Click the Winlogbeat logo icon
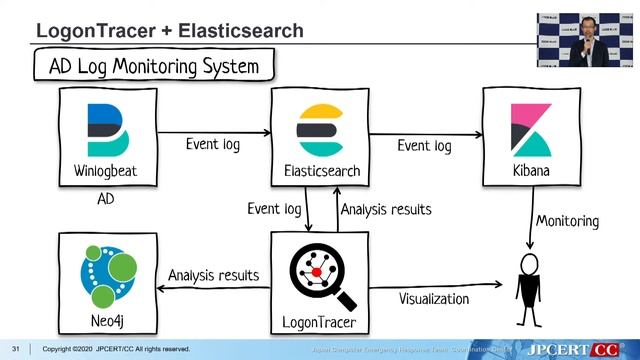105,129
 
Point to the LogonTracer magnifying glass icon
321,275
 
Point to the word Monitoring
567,220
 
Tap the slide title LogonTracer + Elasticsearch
169,30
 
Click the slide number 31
15,348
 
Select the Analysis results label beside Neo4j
213,274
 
